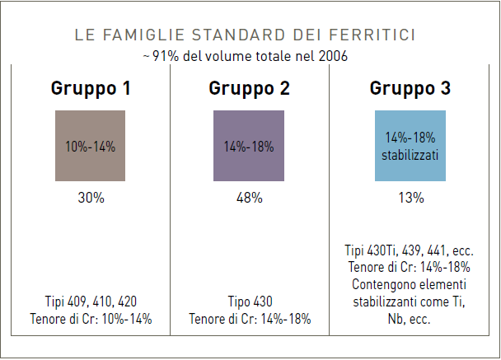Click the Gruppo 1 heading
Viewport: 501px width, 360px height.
click(x=90, y=87)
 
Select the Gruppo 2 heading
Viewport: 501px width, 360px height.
click(x=249, y=87)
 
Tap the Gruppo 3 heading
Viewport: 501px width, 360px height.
click(x=410, y=87)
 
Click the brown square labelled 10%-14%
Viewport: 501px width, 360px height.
click(x=90, y=146)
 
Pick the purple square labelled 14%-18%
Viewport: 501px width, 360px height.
click(x=249, y=146)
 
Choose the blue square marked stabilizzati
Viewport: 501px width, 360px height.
click(x=410, y=146)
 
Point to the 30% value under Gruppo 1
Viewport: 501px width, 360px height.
click(x=90, y=198)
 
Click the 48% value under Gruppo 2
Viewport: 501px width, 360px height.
click(x=249, y=198)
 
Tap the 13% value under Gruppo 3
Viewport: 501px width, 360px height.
click(x=410, y=198)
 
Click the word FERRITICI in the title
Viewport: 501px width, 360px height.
click(x=376, y=35)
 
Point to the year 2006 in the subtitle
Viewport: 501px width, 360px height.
click(x=333, y=55)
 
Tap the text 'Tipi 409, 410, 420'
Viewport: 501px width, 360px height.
click(x=90, y=302)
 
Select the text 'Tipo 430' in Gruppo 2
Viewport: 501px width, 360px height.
click(x=249, y=302)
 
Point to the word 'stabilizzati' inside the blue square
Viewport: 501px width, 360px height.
click(x=410, y=154)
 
